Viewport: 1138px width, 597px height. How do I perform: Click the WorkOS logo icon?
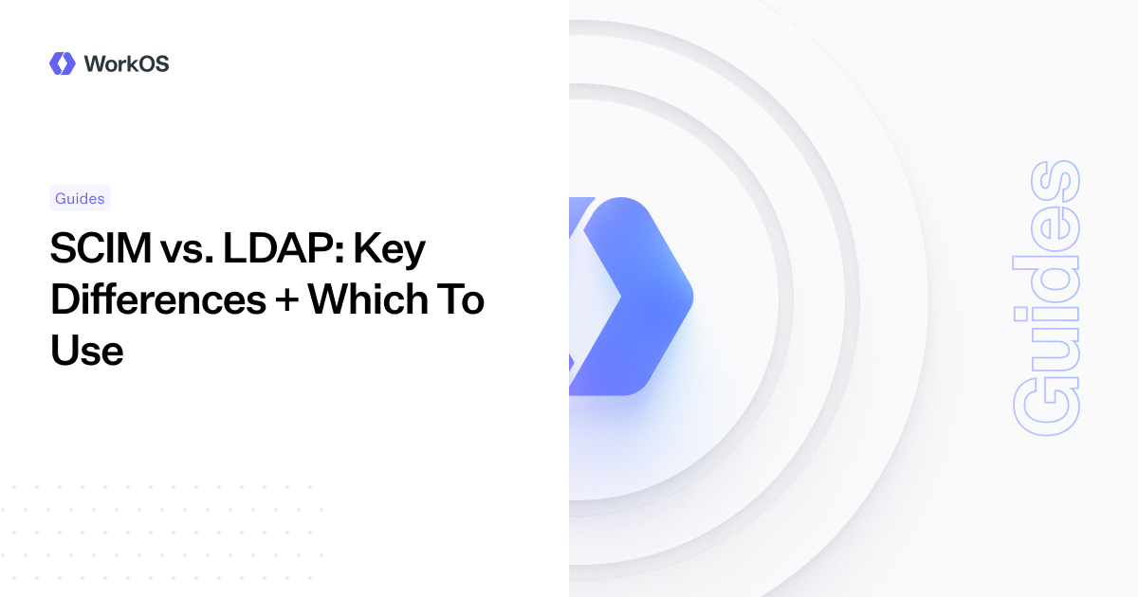(62, 63)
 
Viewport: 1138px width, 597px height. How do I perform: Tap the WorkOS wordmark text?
(126, 63)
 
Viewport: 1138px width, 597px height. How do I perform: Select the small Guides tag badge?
(80, 198)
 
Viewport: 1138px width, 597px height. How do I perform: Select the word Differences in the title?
(157, 300)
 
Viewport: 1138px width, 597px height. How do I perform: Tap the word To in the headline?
(463, 300)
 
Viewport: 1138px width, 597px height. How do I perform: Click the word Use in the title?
(86, 351)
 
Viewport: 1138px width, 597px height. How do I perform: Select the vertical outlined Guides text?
(1046, 298)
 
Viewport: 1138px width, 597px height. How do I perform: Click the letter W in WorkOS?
(95, 63)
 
